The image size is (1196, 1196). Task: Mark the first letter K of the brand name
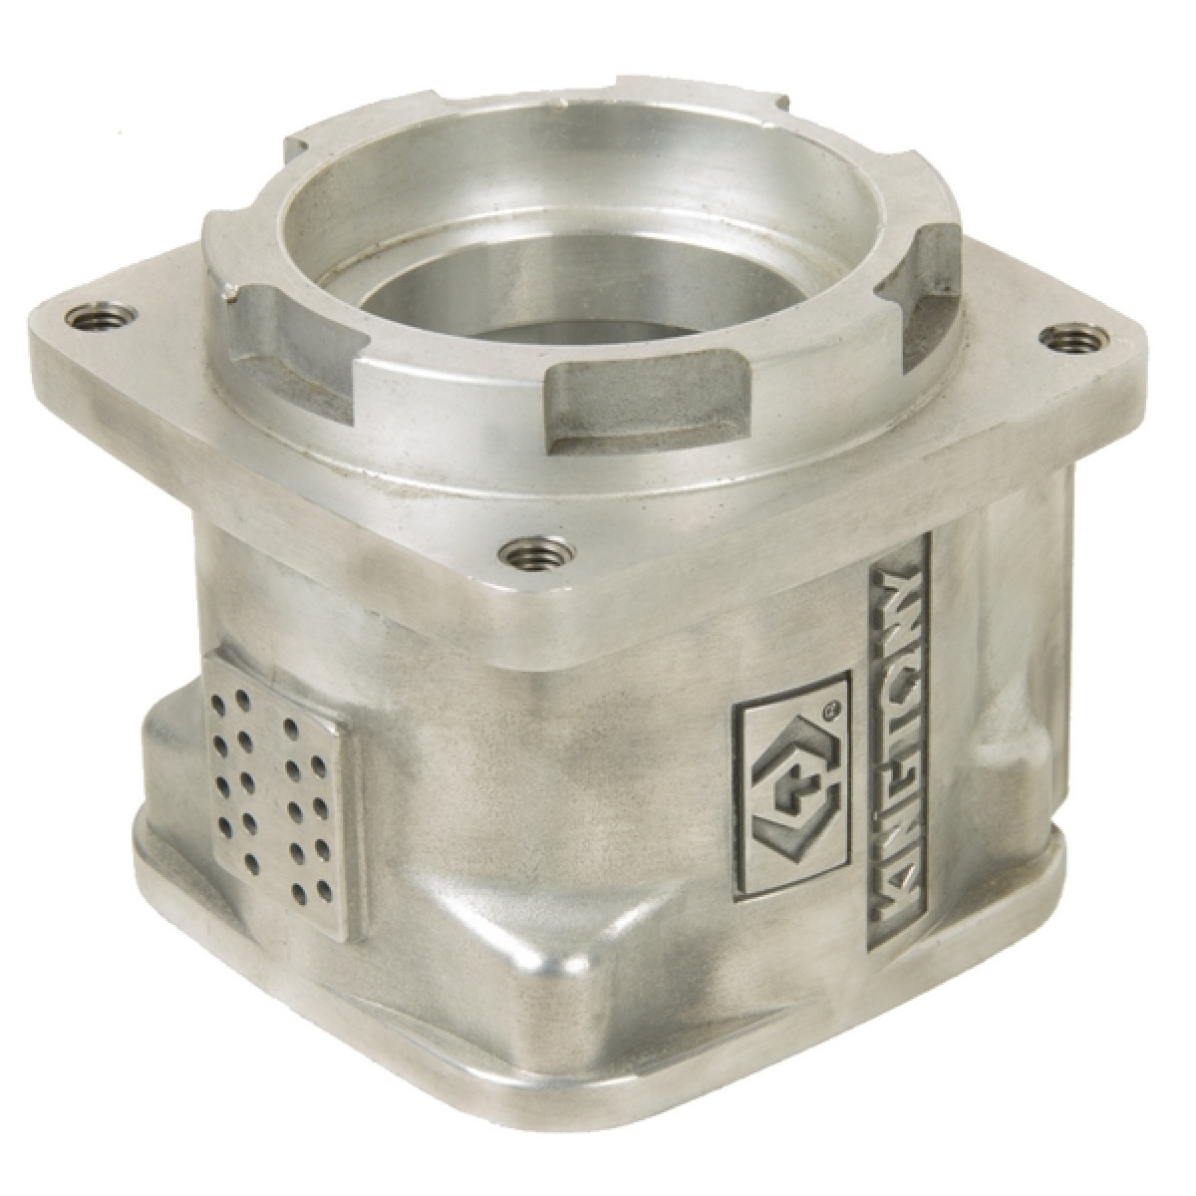[898, 899]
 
